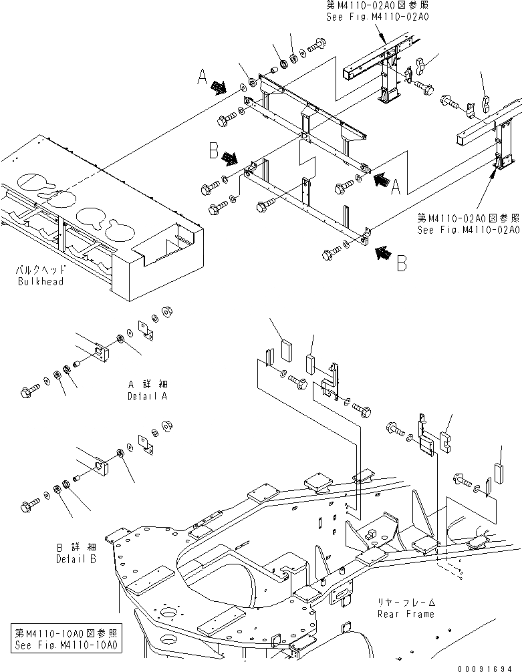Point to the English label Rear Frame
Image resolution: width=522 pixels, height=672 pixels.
[406, 613]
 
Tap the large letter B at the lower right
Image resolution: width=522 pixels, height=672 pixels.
[401, 265]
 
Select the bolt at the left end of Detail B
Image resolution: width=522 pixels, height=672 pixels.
[31, 502]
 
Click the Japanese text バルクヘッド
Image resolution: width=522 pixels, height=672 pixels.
[40, 272]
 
